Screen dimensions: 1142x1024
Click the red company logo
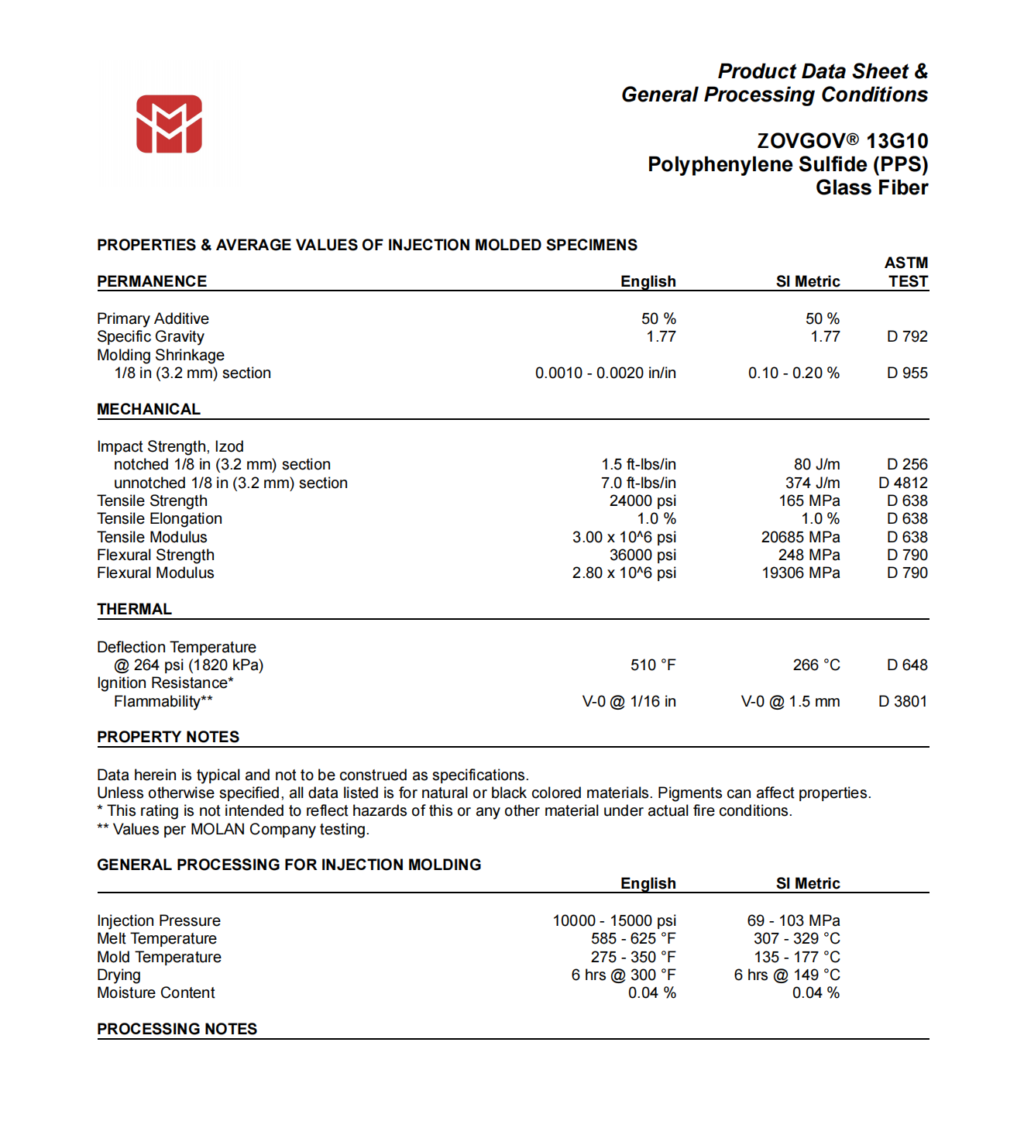[169, 124]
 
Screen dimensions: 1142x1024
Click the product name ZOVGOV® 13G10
[842, 141]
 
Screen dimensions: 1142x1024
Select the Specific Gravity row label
[150, 337]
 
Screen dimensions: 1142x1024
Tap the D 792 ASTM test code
[907, 337]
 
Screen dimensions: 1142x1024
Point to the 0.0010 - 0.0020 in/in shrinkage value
[605, 373]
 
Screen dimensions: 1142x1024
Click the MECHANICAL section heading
[148, 409]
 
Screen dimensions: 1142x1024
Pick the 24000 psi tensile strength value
[642, 501]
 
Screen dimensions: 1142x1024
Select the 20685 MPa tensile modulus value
[800, 538]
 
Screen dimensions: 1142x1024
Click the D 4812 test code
[902, 483]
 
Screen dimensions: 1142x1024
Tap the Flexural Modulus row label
[155, 573]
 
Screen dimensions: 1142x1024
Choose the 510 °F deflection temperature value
[652, 666]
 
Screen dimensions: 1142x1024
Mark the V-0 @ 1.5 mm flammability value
[790, 702]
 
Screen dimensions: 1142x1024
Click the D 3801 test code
[902, 702]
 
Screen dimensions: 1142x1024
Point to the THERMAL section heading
[134, 610]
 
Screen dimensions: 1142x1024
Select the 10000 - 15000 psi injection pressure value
[613, 921]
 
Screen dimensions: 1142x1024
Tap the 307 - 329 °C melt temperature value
[796, 939]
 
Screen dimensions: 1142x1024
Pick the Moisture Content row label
[156, 993]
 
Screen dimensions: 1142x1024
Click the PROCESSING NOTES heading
[177, 1030]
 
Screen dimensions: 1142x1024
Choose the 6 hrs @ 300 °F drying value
[623, 975]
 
